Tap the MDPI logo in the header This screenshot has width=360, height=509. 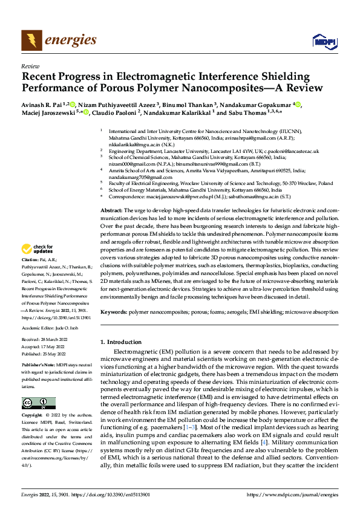pyautogui.click(x=324, y=41)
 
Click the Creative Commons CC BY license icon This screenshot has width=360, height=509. pyautogui.click(x=38, y=403)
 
